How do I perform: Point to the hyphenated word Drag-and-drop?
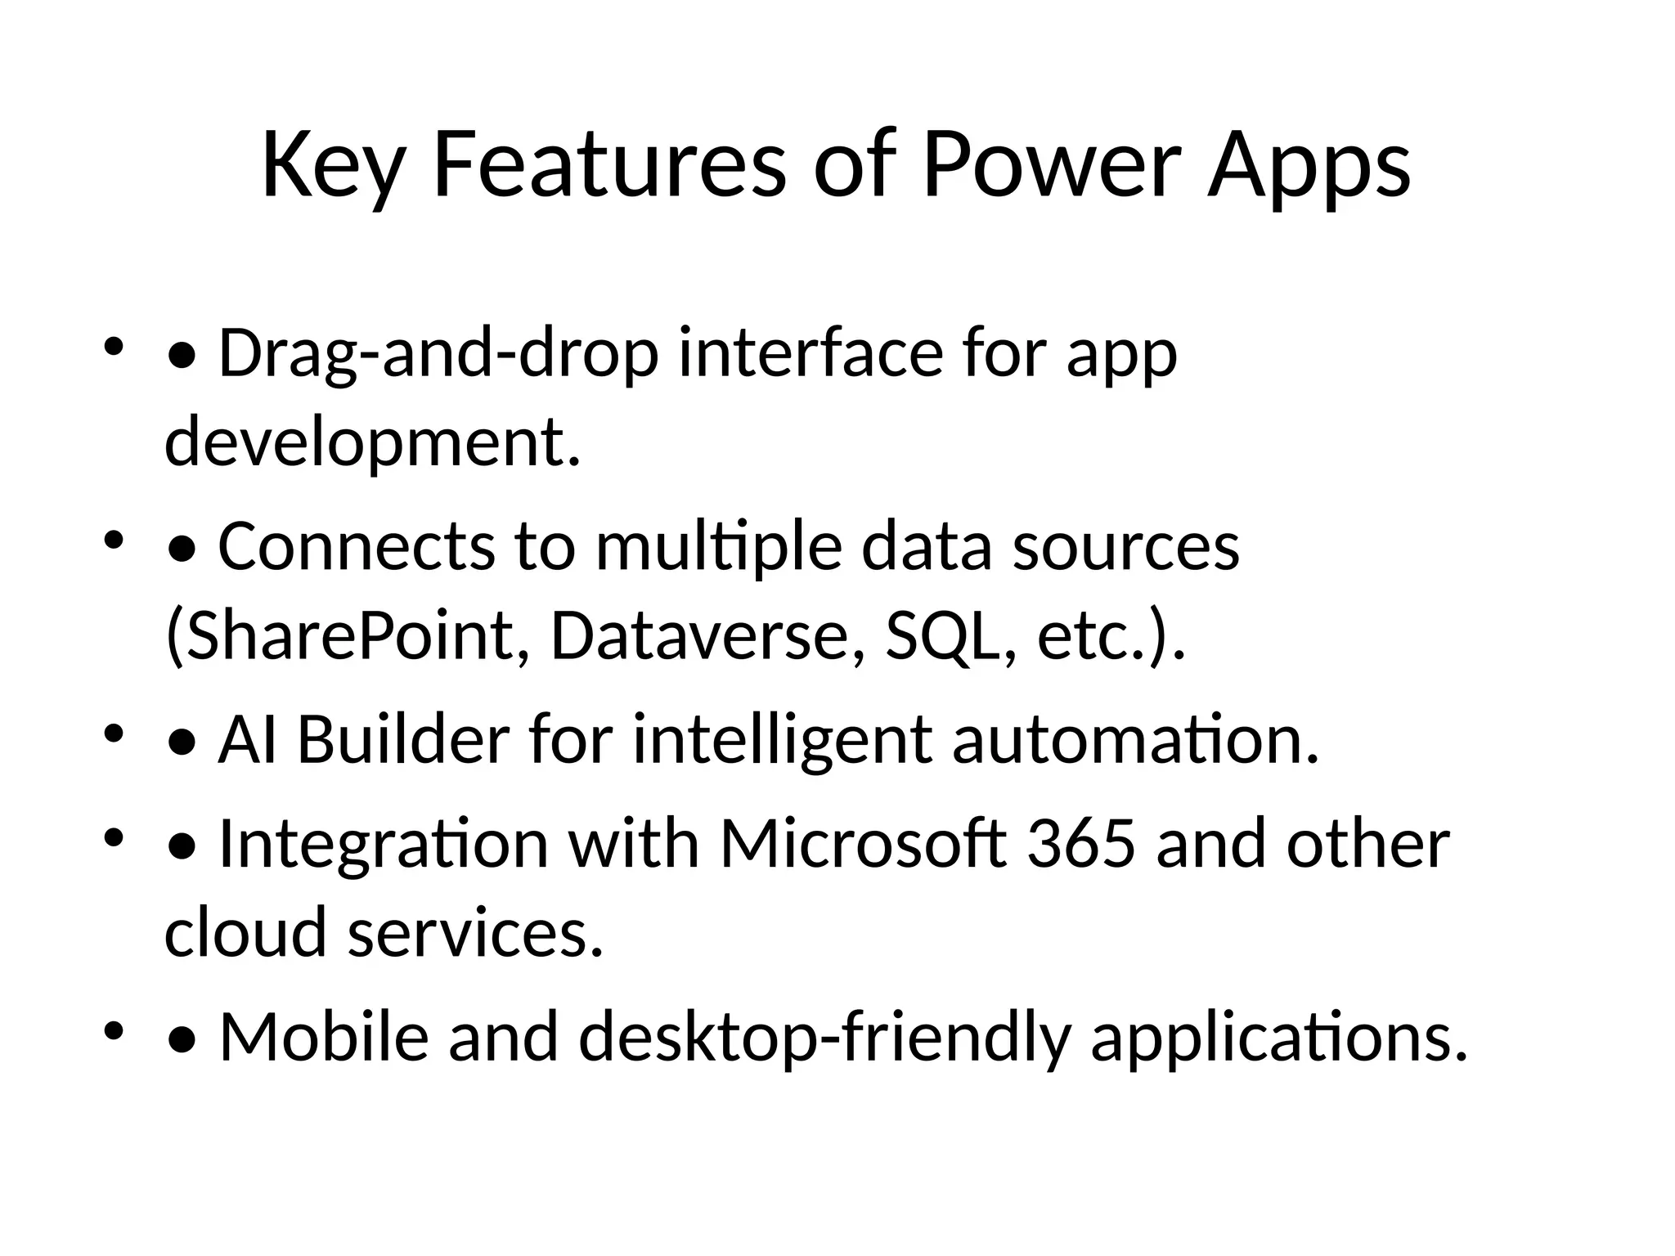point(438,354)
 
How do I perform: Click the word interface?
point(811,354)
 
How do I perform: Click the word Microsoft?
point(862,844)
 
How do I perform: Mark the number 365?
point(1081,844)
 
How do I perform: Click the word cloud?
point(245,932)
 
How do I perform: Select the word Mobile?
point(324,1037)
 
